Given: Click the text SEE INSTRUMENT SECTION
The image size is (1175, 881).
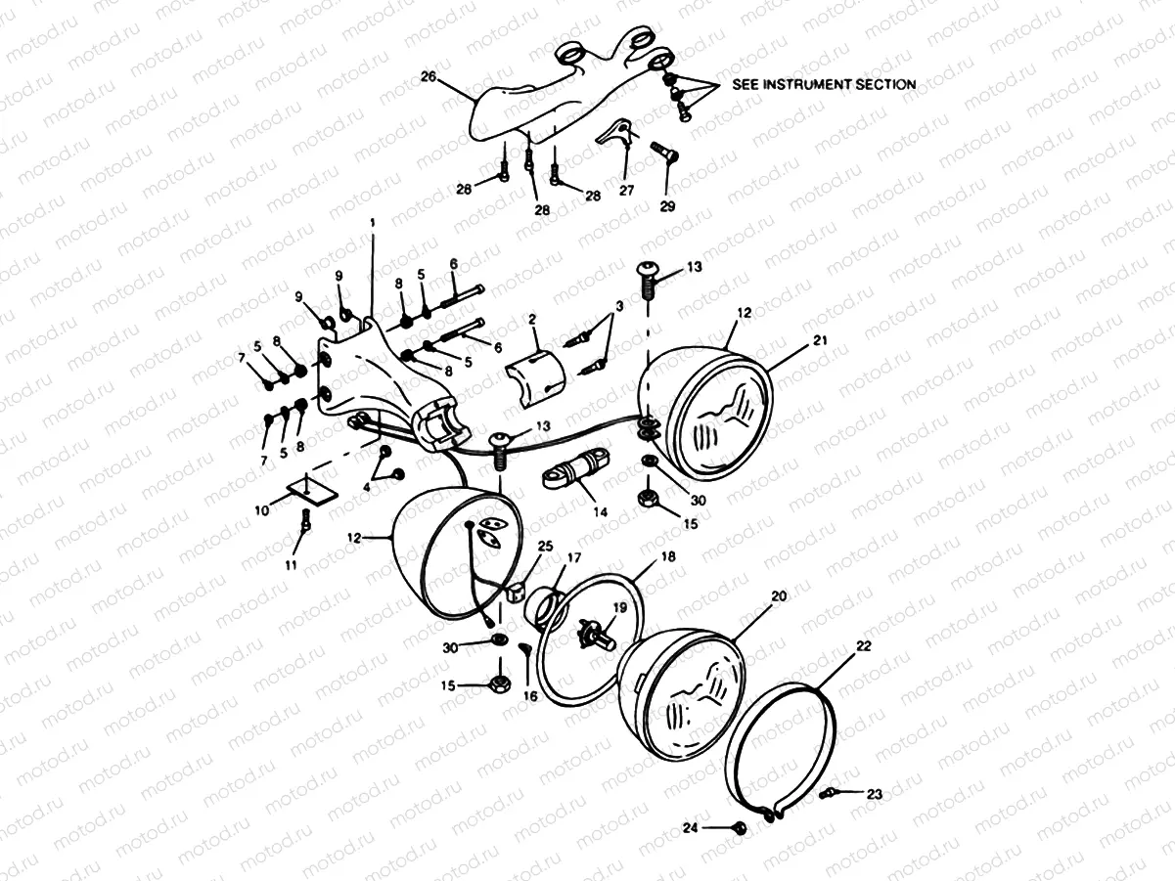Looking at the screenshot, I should click(825, 84).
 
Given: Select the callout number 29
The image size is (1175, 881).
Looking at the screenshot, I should click(667, 205).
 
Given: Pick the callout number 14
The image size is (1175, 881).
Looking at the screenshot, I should click(599, 510).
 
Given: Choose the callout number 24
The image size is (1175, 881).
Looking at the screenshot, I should click(691, 828).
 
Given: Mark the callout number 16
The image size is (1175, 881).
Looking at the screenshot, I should click(530, 696).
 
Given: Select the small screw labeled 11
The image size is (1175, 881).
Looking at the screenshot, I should click(305, 524).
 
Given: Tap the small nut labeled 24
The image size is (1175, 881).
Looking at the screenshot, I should click(740, 828).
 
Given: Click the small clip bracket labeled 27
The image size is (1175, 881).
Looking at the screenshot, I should click(613, 132).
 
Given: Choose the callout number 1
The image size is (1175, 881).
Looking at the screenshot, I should click(372, 223).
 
